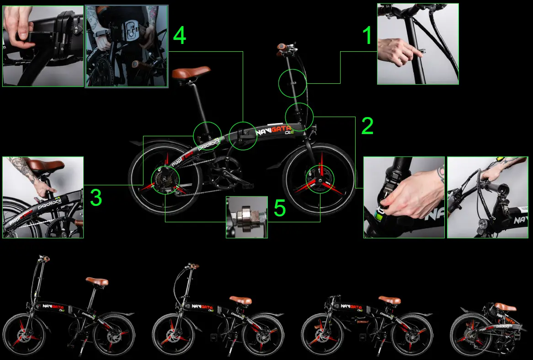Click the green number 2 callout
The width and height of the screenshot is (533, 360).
coord(367,126)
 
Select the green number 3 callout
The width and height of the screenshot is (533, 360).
coord(96,198)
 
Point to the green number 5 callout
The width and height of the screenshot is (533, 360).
coord(279,208)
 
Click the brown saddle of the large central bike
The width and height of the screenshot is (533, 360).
coord(191,73)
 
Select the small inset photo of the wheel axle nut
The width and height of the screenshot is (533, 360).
coord(246,217)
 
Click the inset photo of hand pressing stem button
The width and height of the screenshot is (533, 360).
coord(417,44)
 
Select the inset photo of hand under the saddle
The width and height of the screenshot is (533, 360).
coord(43,197)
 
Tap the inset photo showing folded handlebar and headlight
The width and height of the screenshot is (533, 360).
coord(487,197)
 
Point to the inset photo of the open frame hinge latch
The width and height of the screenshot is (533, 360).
coord(127,46)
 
